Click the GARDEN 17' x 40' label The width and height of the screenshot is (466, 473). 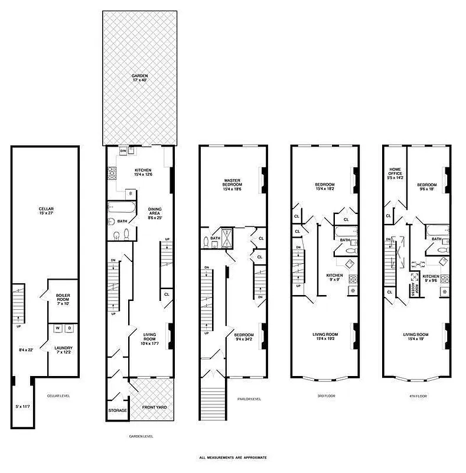click(x=140, y=78)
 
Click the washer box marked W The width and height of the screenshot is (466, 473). click(x=58, y=328)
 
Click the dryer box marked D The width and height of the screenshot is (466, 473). click(x=69, y=328)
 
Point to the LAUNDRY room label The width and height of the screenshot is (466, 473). click(x=63, y=350)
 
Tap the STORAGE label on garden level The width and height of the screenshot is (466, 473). click(x=118, y=410)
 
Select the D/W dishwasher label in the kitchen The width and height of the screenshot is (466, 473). click(x=123, y=151)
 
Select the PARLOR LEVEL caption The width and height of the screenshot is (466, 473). click(x=249, y=398)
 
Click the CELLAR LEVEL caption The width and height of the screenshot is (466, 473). click(x=60, y=396)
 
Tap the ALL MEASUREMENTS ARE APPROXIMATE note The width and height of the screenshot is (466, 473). click(x=233, y=458)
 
